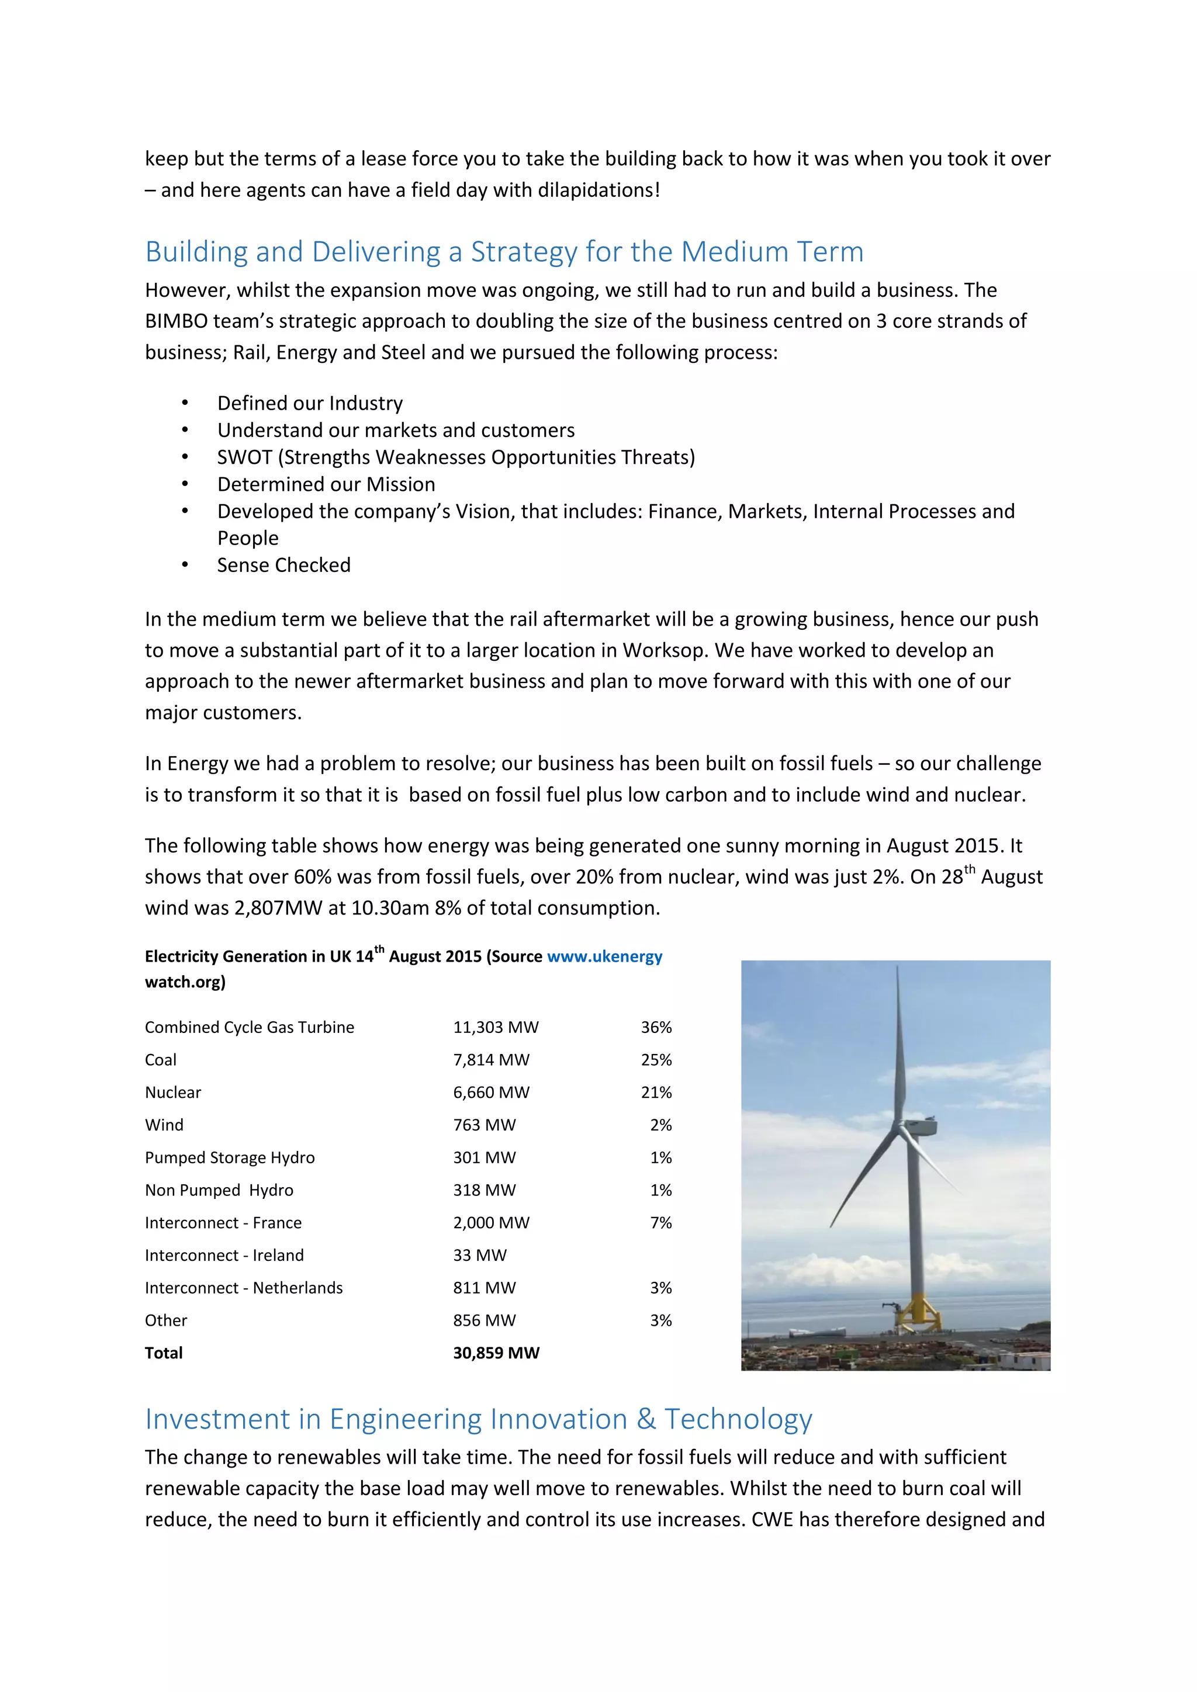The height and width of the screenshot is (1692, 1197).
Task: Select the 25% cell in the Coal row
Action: click(x=656, y=1060)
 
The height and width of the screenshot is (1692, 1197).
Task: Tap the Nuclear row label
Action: click(x=172, y=1092)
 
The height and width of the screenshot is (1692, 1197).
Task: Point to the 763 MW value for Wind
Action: click(x=485, y=1125)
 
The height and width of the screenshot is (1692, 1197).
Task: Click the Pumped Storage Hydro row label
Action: click(x=229, y=1158)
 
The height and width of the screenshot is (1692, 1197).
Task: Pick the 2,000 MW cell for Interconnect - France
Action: click(x=491, y=1223)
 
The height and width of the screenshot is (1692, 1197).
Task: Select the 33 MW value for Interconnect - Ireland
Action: click(x=480, y=1255)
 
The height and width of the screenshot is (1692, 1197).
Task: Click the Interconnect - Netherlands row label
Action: click(x=243, y=1288)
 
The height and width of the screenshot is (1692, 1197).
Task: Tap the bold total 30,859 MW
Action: click(x=496, y=1353)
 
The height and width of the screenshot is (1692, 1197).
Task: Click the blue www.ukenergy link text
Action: click(x=604, y=956)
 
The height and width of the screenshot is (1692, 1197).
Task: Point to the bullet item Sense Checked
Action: click(x=284, y=565)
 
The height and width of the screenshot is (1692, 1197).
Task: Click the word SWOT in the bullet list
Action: click(x=244, y=457)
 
